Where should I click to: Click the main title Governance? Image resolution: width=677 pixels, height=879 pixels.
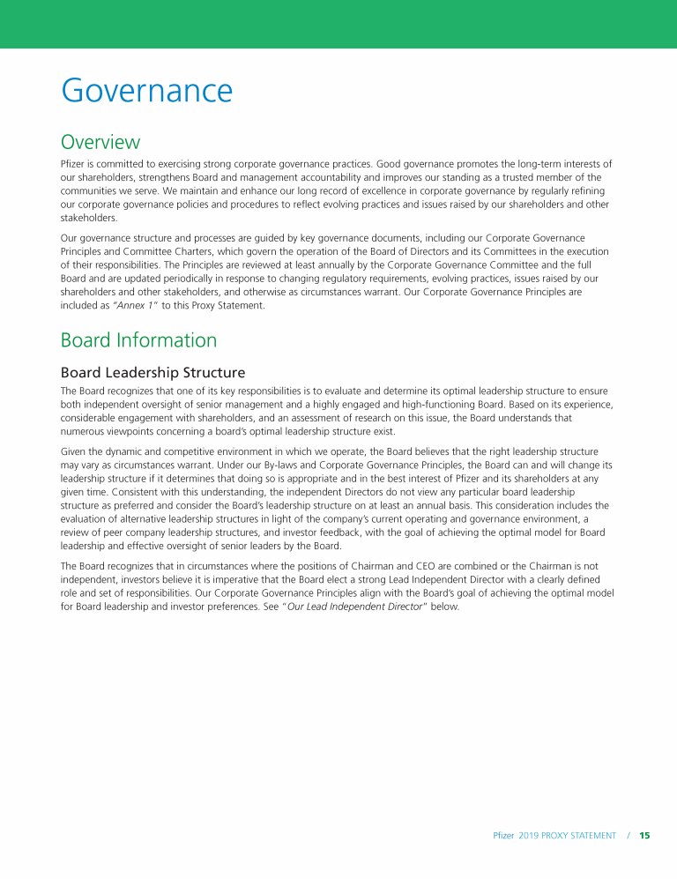click(x=146, y=91)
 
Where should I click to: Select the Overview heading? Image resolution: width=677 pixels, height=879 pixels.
click(x=100, y=142)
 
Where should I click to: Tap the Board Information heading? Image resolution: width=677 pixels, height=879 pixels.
click(x=138, y=340)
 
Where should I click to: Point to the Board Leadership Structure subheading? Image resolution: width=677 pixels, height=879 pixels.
click(x=153, y=372)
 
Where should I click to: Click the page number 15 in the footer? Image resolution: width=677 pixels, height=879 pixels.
click(x=644, y=835)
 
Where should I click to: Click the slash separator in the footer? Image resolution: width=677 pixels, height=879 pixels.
click(x=629, y=835)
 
